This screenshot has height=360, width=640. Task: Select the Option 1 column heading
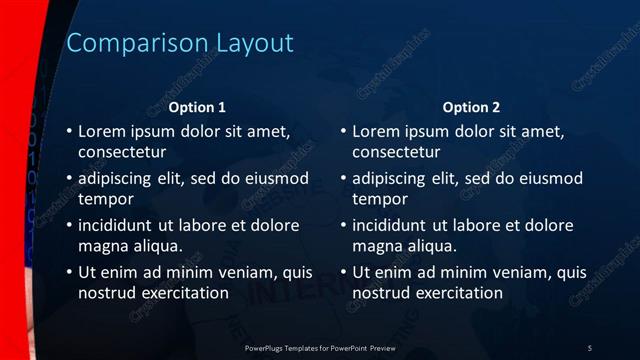point(197,107)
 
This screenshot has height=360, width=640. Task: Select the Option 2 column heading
point(471,107)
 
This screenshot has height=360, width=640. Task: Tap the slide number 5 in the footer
point(589,347)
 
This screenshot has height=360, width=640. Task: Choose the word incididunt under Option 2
point(393,225)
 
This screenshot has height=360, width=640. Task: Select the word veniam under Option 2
point(513,272)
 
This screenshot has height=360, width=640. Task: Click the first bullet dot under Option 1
point(68,132)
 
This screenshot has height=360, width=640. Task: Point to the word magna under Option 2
point(377,246)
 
